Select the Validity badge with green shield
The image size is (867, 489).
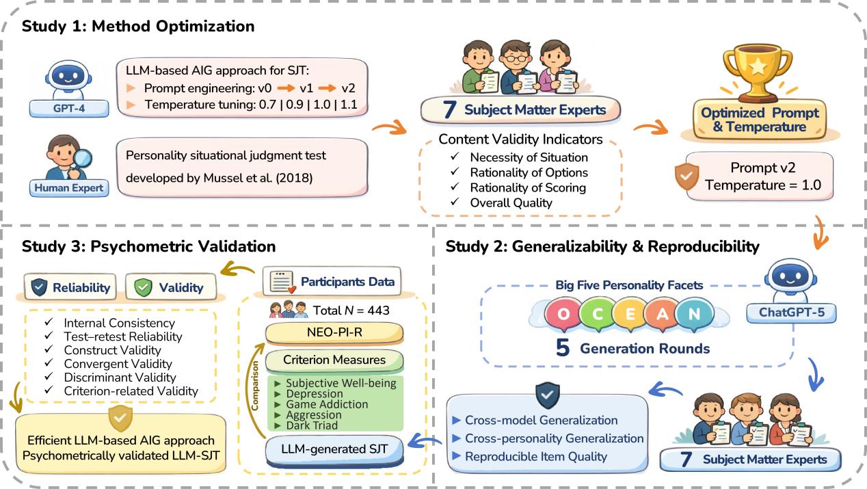(x=171, y=288)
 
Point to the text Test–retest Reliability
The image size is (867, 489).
(x=123, y=336)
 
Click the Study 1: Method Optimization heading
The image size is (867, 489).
(x=137, y=27)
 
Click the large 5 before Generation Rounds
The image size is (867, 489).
(x=563, y=348)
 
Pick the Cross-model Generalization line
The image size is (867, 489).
(x=541, y=420)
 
